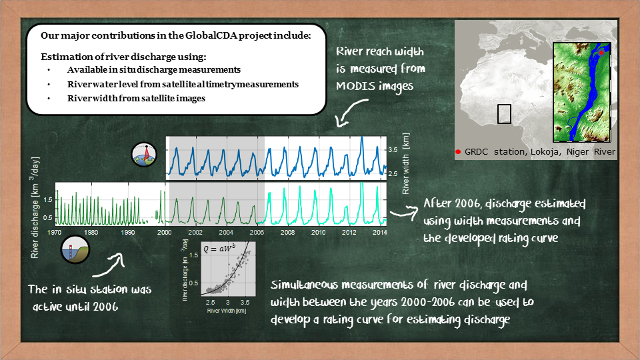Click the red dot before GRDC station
458,152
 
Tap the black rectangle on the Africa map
505,114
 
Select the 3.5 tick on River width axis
393,150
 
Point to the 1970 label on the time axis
54,232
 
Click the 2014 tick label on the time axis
379,232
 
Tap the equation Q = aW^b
219,248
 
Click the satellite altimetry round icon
144,155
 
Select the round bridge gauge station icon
75,249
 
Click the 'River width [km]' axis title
405,164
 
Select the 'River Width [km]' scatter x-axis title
227,311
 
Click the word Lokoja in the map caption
546,152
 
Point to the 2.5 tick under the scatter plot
210,303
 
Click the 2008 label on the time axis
287,232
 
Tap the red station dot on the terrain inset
601,53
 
